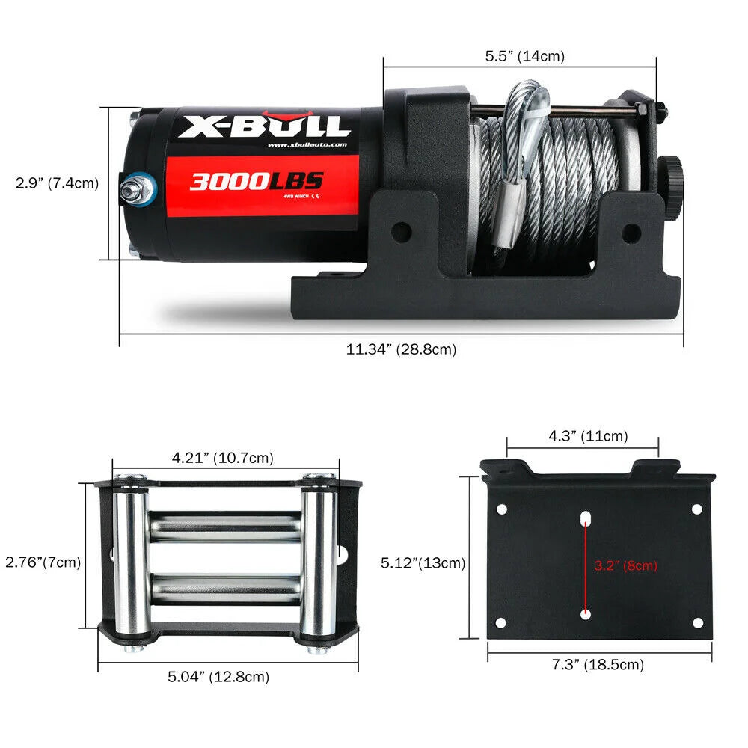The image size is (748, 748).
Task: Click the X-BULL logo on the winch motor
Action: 263,126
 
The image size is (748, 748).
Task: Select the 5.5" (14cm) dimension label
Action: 524,56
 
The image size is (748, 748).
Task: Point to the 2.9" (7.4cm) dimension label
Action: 58,183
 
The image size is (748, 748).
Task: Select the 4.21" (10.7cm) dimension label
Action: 222,457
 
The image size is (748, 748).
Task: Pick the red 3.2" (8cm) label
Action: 625,565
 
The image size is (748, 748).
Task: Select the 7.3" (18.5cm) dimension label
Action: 598,664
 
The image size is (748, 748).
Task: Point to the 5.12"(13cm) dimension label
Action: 423,562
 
